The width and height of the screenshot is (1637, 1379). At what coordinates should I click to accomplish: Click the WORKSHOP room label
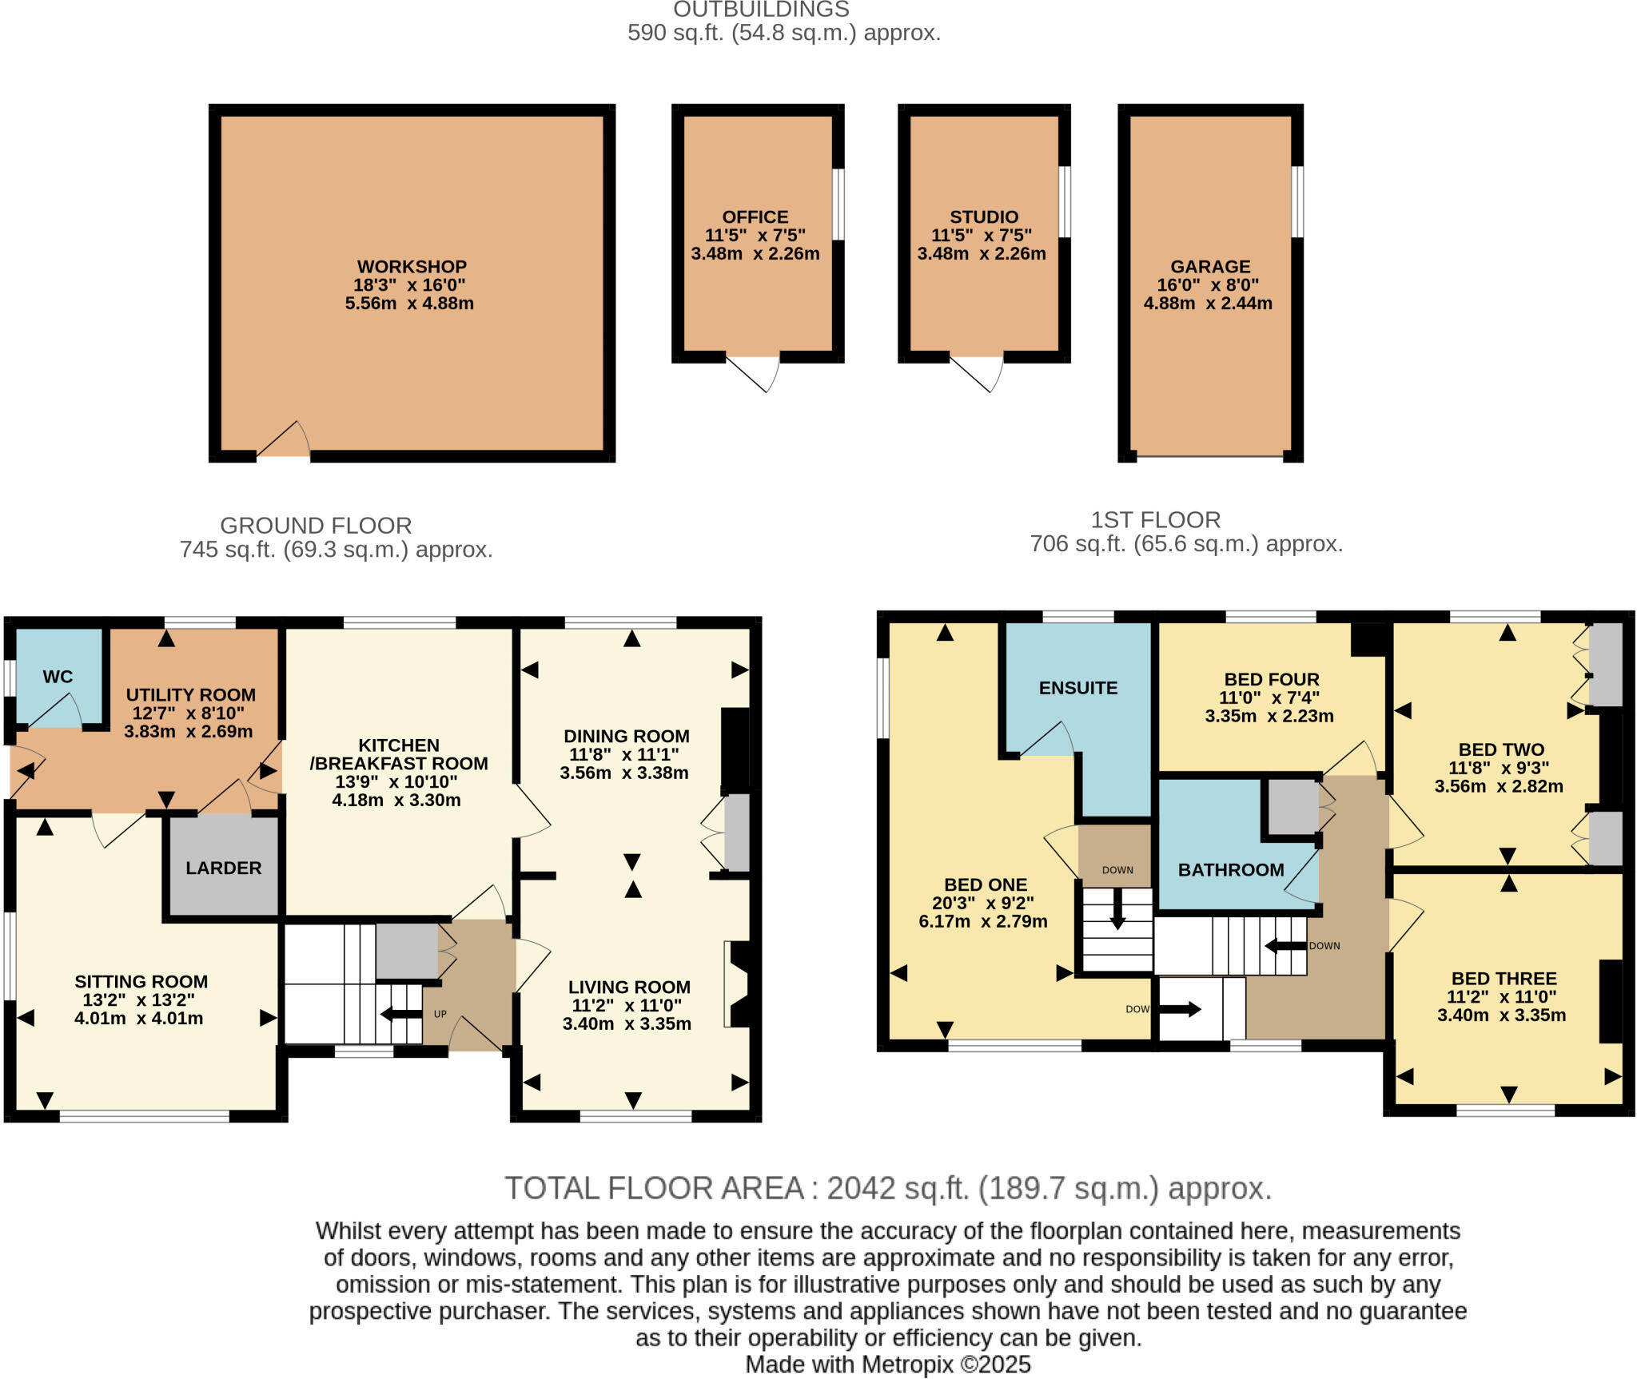tap(412, 267)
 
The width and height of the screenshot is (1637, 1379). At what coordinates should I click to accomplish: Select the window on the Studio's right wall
tap(1065, 201)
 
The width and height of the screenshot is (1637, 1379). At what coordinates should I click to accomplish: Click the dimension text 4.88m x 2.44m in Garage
tap(1207, 304)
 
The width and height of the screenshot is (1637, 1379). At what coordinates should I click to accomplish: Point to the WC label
tap(58, 677)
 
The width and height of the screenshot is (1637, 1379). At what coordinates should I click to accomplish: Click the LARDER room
tap(223, 868)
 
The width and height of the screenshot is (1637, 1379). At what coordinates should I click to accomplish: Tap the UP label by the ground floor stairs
tap(440, 1014)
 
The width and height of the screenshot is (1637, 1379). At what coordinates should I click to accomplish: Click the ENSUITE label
tap(1077, 688)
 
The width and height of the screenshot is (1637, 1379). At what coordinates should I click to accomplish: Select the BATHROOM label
tap(1230, 870)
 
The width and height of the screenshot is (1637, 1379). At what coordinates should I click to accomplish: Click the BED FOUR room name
tap(1271, 679)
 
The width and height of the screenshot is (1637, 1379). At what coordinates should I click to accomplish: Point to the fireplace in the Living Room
tap(737, 984)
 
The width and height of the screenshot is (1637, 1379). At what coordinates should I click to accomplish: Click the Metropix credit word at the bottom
tap(907, 1365)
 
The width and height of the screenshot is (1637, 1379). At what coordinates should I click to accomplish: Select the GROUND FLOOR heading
tap(316, 526)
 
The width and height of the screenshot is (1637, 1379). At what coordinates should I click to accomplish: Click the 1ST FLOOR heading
tap(1155, 520)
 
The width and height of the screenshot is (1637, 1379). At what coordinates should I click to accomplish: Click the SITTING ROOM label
tap(141, 982)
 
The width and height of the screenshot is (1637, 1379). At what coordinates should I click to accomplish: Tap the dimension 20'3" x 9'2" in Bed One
tap(982, 903)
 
